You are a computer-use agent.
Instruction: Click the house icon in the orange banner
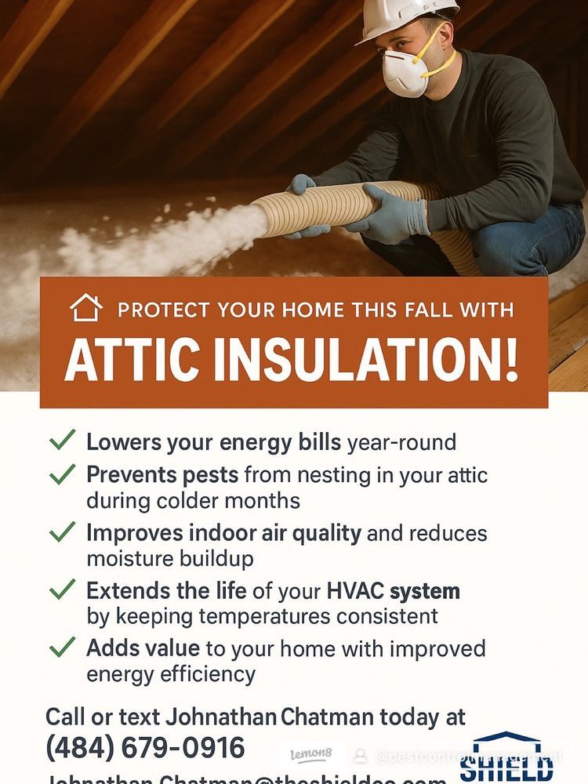(x=85, y=307)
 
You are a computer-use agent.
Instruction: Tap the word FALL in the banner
(x=427, y=309)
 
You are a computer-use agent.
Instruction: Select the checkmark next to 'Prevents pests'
(x=62, y=474)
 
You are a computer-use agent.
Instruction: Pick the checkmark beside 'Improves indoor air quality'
(x=62, y=532)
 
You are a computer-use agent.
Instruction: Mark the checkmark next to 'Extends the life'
(x=62, y=590)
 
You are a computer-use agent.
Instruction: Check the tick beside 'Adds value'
(x=62, y=648)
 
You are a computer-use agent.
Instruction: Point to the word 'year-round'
(x=401, y=442)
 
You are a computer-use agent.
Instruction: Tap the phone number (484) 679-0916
(x=145, y=747)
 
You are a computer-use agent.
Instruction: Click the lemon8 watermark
(x=311, y=754)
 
